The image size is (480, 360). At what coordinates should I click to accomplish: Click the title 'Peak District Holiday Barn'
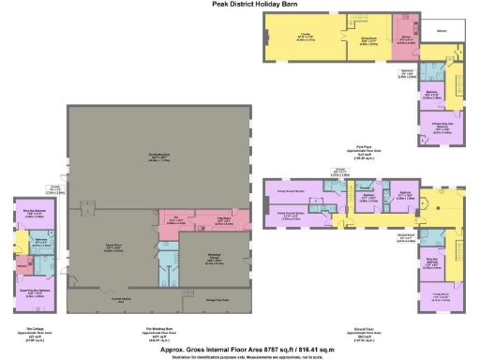[239, 4]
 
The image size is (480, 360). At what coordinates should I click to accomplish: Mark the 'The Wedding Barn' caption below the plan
[161, 329]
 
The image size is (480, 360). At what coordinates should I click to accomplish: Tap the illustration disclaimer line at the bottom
[239, 355]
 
